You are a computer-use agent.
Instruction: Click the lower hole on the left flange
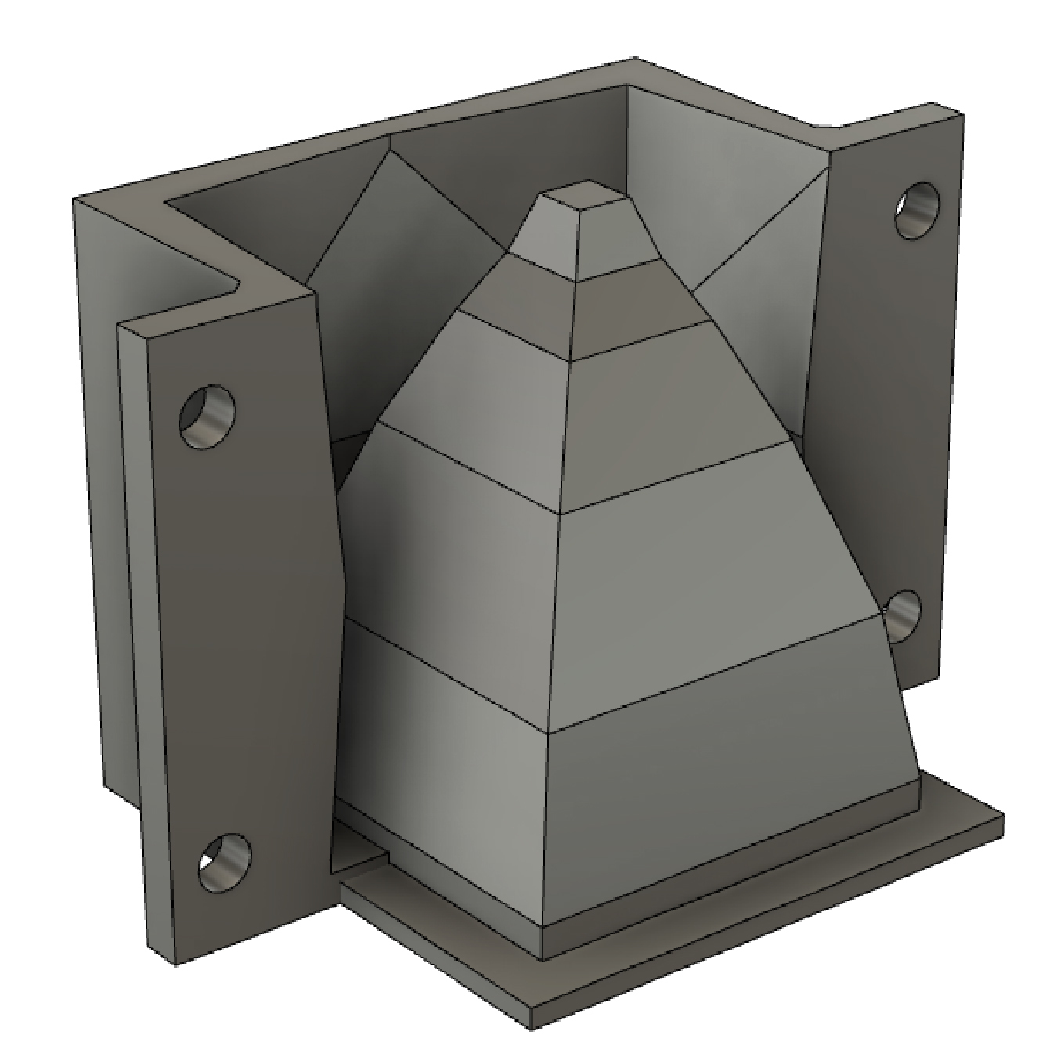pos(224,862)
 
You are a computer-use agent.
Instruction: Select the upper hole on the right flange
pos(917,211)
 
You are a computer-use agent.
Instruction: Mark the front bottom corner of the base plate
pos(532,1018)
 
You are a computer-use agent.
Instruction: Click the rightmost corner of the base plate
pos(1003,818)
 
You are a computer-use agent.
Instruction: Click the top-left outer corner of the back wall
pos(74,200)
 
